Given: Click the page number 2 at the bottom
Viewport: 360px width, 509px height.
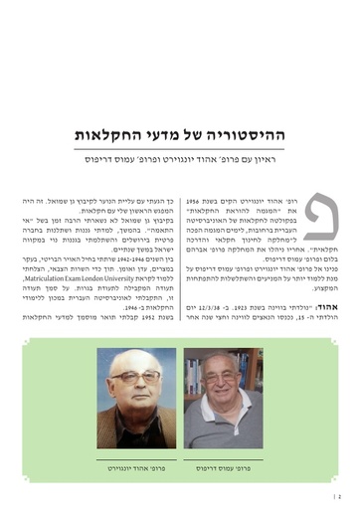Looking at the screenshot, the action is pyautogui.click(x=339, y=491).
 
